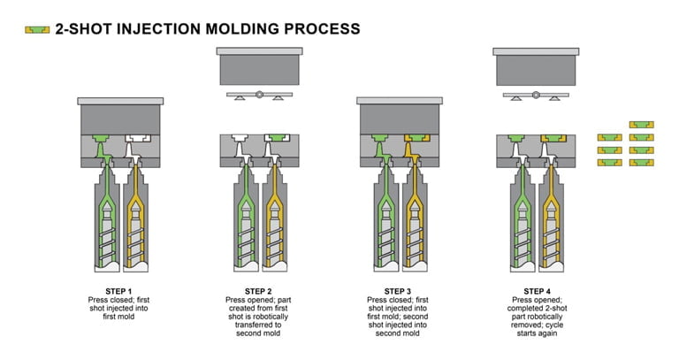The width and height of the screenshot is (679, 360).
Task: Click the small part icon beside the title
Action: [x=36, y=29]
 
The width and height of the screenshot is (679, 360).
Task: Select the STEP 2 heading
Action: [x=259, y=290]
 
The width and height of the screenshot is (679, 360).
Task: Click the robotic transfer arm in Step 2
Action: [x=258, y=95]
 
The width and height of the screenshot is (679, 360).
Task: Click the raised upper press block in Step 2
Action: [x=258, y=66]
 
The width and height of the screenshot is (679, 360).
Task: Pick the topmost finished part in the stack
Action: [x=641, y=125]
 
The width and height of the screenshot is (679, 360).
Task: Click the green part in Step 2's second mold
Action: [x=275, y=138]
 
